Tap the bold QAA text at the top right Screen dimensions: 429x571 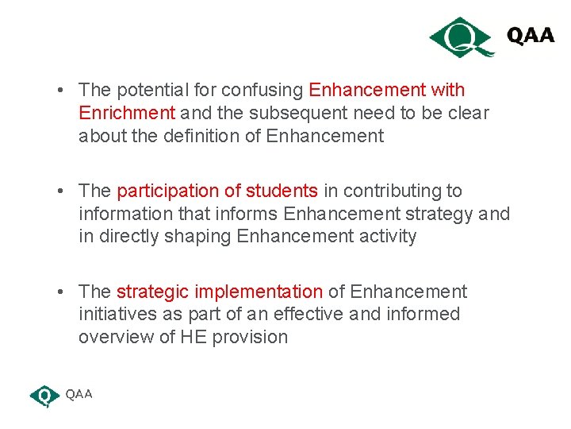coord(531,37)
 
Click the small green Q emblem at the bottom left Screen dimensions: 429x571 coord(44,396)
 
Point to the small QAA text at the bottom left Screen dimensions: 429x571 coord(79,394)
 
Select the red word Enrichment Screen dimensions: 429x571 coord(126,113)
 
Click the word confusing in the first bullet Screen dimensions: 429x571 coord(264,90)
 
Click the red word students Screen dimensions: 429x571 coord(282,191)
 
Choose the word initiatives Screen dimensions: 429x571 coord(114,314)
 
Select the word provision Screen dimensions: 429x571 coord(249,337)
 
